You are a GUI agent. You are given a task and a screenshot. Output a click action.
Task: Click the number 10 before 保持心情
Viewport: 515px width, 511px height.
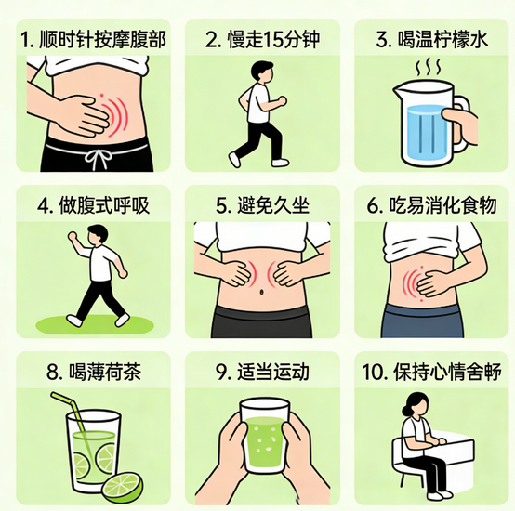click(x=373, y=372)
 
